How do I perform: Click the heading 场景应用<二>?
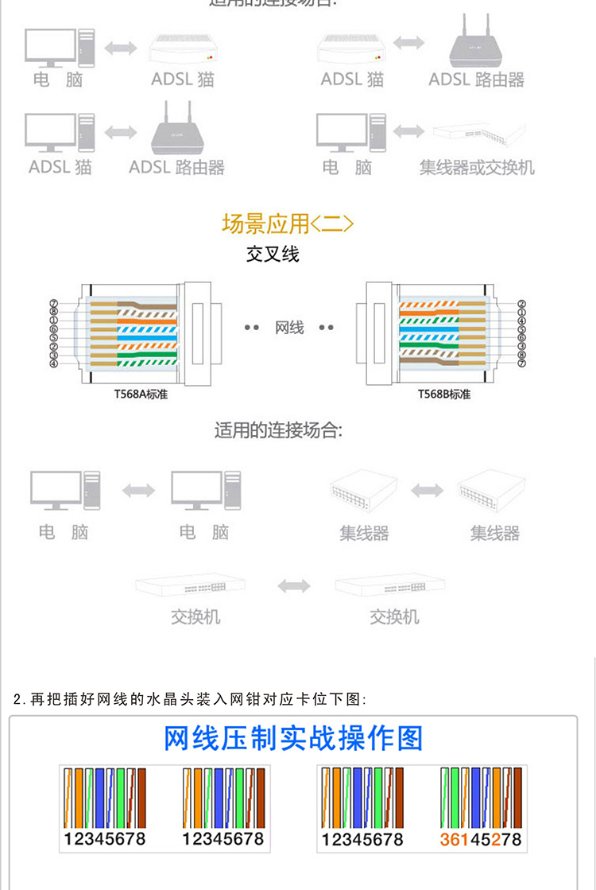click(x=288, y=223)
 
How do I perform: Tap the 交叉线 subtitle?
click(x=273, y=255)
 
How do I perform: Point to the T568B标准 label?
click(x=444, y=394)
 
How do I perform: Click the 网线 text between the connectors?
click(x=289, y=328)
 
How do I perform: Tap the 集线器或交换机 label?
click(x=477, y=168)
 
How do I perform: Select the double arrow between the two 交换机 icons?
click(x=293, y=587)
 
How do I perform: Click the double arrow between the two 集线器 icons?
click(x=427, y=490)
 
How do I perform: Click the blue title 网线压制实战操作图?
click(x=293, y=738)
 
